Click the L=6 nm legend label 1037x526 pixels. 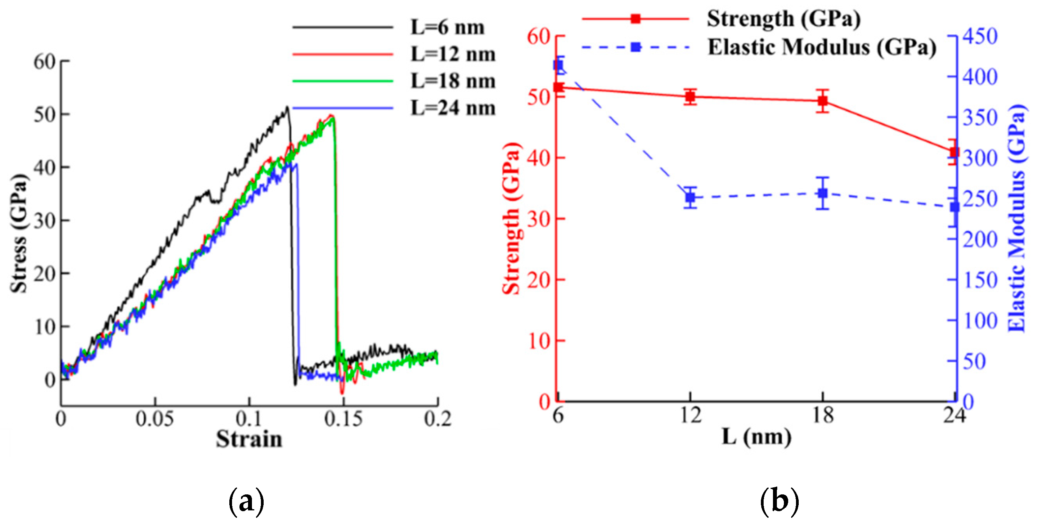tap(447, 27)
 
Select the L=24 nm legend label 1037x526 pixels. tap(452, 108)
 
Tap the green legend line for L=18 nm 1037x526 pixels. tap(342, 81)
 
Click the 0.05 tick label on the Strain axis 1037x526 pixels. tap(154, 419)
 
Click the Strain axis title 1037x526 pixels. tap(249, 439)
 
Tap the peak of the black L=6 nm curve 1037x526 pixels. tap(287, 107)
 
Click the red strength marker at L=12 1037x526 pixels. tap(690, 97)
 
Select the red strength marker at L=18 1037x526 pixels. tap(823, 101)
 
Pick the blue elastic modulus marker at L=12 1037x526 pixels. tap(690, 197)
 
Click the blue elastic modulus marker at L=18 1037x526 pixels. tap(823, 193)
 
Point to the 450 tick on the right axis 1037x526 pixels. tap(980, 36)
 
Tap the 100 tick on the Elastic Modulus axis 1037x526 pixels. tap(980, 321)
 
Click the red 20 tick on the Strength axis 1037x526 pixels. tap(539, 280)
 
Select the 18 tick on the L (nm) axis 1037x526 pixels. tap(823, 415)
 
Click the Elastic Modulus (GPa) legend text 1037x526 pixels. tap(822, 47)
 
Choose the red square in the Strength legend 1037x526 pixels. tap(635, 18)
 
